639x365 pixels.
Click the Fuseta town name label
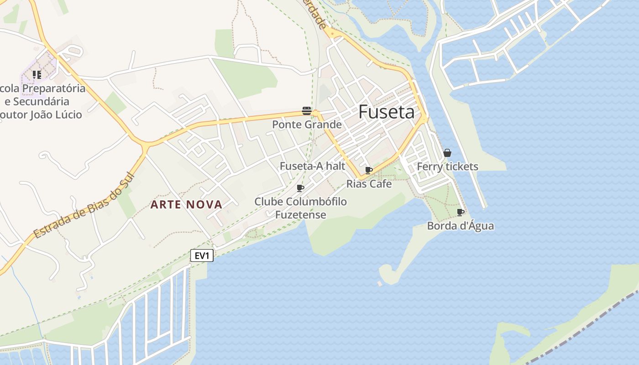[x=387, y=112]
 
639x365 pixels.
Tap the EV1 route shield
[x=202, y=255]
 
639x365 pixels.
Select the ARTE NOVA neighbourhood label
[x=186, y=204]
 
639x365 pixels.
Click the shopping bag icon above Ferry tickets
[x=447, y=153]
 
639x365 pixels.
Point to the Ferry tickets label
[x=447, y=167]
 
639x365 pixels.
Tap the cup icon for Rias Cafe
[x=369, y=171]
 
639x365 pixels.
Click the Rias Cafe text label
[x=369, y=184]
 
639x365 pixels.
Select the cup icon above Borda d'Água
[x=461, y=212]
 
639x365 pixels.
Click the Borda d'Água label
[x=460, y=226]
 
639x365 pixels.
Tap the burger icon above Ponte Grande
[x=307, y=110]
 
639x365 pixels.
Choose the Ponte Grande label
[x=307, y=125]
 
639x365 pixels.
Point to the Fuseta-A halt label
[x=312, y=166]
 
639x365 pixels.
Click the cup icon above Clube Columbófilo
[x=300, y=188]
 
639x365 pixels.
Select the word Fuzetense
[x=300, y=215]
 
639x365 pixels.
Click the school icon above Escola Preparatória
[x=37, y=74]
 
